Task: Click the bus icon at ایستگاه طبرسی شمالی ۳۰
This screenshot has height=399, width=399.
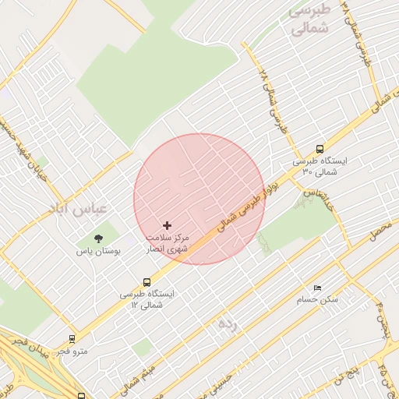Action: (320, 150)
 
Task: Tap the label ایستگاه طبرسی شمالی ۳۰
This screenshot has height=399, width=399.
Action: (320, 165)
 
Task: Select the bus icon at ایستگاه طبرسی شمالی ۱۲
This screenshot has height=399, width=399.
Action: (147, 283)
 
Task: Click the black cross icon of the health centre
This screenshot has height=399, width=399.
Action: (167, 224)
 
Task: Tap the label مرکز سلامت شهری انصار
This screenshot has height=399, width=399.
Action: (168, 242)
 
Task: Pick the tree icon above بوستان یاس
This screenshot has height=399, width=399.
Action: (98, 238)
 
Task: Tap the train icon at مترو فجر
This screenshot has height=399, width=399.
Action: (72, 339)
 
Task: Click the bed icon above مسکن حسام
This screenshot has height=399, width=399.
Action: (317, 287)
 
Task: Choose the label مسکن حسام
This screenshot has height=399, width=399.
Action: (317, 299)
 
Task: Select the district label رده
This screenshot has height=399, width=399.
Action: (227, 322)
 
